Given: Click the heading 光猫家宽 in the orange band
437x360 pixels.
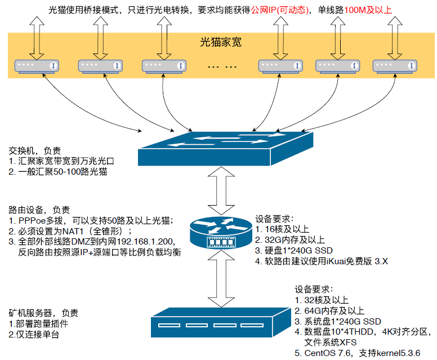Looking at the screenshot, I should [221, 42].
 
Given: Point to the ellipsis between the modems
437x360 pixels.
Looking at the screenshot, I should [222, 66].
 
